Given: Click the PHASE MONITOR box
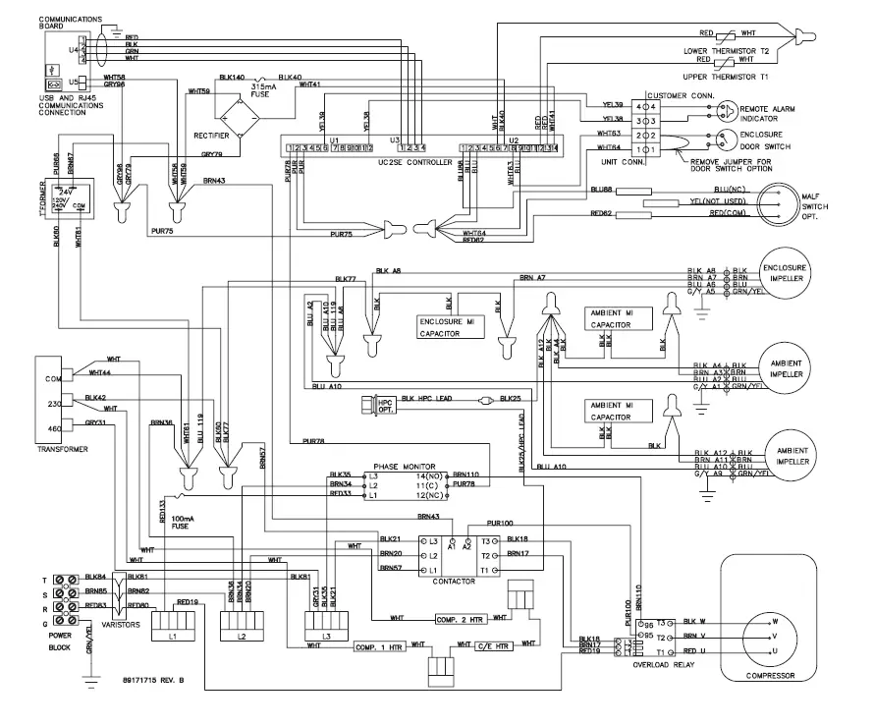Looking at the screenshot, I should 405,484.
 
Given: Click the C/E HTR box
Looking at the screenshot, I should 494,646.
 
